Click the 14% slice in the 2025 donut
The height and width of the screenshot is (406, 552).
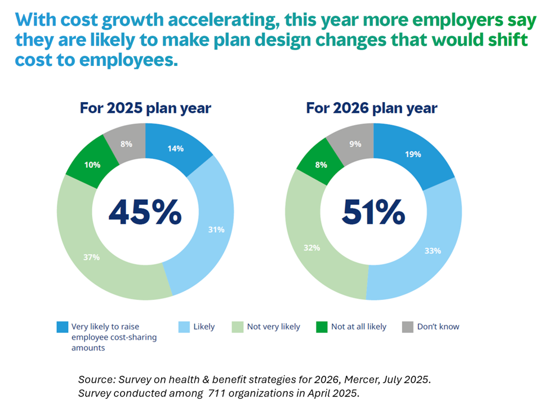click(x=175, y=148)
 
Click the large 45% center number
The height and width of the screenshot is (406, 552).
click(x=145, y=213)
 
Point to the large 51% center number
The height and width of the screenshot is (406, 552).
click(x=373, y=213)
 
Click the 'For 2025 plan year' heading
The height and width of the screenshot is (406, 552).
click(x=145, y=108)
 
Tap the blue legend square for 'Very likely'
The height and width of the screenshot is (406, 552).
click(x=62, y=326)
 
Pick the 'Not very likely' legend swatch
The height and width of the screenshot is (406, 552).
click(x=237, y=326)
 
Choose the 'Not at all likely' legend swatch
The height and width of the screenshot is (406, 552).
click(x=321, y=326)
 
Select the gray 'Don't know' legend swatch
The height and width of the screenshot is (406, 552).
click(x=407, y=326)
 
